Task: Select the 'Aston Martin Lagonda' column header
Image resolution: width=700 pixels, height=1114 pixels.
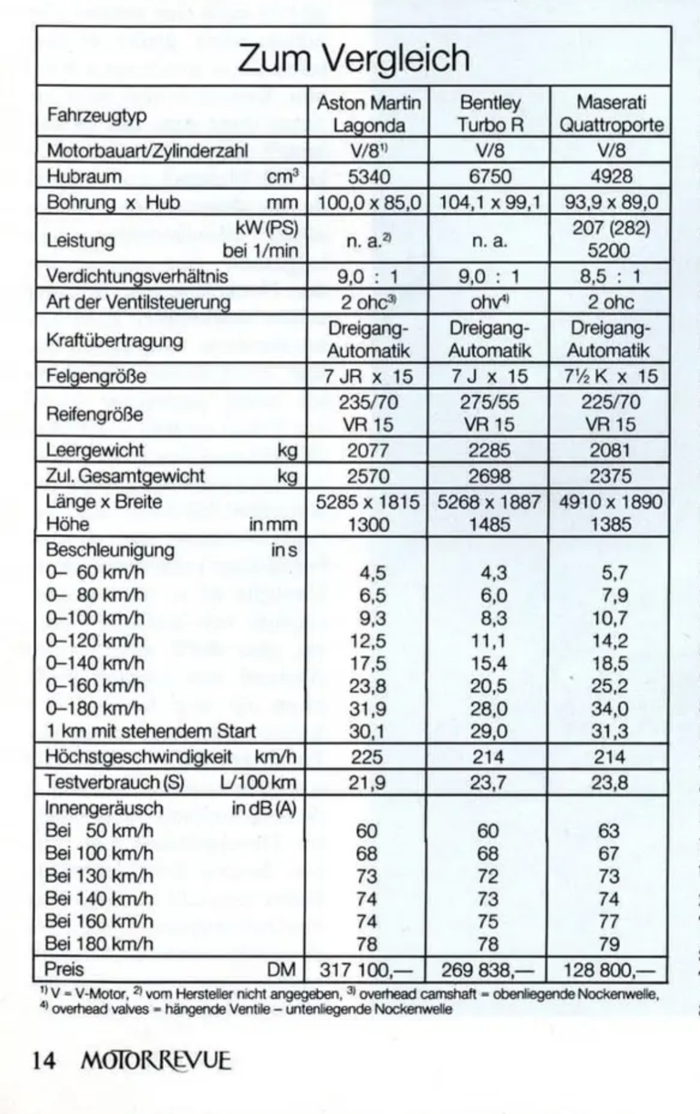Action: [369, 113]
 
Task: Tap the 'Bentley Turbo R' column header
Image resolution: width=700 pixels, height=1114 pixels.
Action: [489, 113]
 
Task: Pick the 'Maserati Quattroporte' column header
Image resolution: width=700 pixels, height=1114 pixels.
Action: [611, 113]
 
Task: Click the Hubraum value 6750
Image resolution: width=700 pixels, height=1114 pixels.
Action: [489, 177]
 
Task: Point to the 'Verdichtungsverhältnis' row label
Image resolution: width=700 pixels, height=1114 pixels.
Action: [137, 276]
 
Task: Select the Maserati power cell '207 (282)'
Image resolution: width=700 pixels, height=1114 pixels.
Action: [611, 228]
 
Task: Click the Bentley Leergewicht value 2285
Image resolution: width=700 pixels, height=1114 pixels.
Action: [489, 450]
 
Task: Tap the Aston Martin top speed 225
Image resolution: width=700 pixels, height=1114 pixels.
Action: [367, 758]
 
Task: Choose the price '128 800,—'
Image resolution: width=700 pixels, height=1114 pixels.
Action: [609, 969]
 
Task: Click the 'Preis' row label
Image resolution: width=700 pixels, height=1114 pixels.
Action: [64, 969]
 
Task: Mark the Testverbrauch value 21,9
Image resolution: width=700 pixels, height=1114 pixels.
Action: [367, 783]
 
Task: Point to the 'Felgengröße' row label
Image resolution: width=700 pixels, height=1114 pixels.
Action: [96, 376]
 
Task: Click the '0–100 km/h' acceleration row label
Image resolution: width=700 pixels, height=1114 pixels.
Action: [95, 618]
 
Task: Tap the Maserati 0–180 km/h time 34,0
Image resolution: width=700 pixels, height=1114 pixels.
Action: [609, 709]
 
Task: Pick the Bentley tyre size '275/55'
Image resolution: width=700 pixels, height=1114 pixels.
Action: [489, 402]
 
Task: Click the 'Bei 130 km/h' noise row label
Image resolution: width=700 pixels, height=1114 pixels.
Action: [99, 876]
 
